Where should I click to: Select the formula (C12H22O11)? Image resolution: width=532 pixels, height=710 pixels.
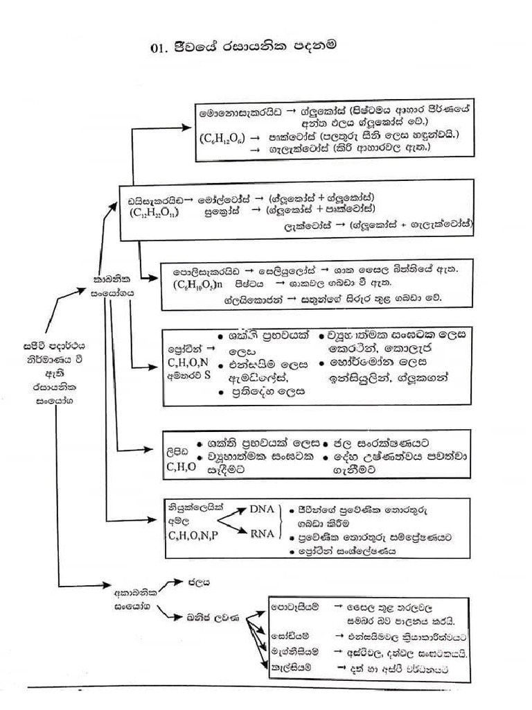[153, 212]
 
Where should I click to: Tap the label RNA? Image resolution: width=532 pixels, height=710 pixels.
[262, 532]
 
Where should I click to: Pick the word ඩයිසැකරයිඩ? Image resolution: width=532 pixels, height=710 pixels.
[155, 199]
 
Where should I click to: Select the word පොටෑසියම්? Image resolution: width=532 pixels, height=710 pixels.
[296, 608]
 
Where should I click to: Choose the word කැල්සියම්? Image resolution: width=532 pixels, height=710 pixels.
[292, 667]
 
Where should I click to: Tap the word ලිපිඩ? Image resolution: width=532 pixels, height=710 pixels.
[177, 451]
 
